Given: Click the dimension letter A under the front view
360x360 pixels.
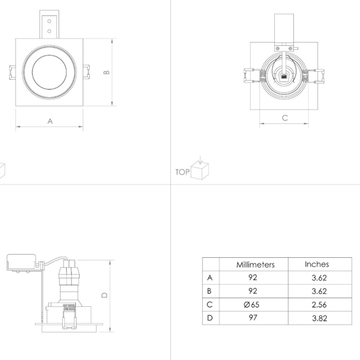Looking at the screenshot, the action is [x=50, y=121].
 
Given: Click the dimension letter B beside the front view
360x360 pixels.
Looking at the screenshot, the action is [x=106, y=72].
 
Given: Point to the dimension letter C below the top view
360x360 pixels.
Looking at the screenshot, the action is [x=285, y=118].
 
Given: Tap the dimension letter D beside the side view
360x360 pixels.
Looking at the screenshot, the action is [x=104, y=295].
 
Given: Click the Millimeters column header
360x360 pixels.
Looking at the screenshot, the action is [x=255, y=264].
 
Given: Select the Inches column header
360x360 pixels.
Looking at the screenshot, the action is [x=317, y=264].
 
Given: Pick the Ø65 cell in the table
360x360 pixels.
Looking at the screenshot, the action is [x=251, y=304].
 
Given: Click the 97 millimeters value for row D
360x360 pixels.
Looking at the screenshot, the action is [x=253, y=317].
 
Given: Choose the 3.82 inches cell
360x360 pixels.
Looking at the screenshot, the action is [x=319, y=318].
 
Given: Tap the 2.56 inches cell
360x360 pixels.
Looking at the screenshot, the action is [x=319, y=305].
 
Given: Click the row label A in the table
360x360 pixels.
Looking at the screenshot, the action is [x=209, y=278].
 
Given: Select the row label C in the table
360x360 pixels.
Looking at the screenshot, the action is [x=209, y=304].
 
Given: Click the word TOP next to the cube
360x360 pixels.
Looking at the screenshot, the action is [x=183, y=172].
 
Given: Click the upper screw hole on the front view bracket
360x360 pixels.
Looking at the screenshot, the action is [x=49, y=22].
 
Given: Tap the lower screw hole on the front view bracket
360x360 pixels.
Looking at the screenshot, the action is [x=49, y=31].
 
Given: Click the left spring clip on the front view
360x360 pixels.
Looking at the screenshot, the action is [x=12, y=72].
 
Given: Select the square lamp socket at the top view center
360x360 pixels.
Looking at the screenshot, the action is [x=284, y=76].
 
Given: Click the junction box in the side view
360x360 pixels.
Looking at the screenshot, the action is [x=22, y=262].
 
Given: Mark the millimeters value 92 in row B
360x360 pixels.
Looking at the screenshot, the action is [x=253, y=291].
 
